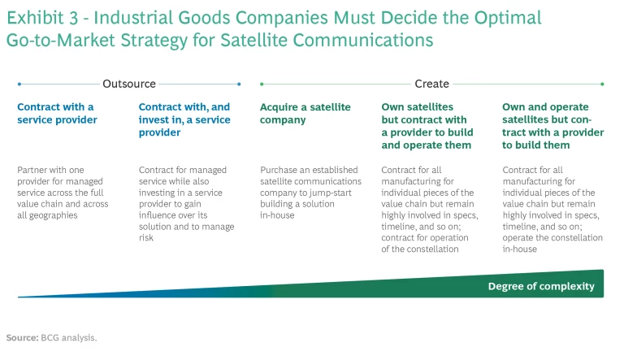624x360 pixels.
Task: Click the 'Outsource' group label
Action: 129,84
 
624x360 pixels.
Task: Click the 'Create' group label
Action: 431,84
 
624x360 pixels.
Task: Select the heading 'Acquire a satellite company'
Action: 305,113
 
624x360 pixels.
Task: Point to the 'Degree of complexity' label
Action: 541,286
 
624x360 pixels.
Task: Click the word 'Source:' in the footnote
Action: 22,336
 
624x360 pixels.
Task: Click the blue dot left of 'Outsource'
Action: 19,84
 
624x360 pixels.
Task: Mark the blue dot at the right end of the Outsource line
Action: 239,84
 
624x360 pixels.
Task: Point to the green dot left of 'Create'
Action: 261,84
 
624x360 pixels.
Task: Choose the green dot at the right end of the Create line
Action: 602,84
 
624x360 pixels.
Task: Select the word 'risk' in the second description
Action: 146,238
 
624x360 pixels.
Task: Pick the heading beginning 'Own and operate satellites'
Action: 552,126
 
